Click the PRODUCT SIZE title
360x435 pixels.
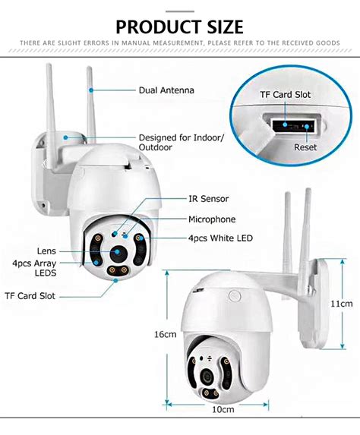tap(179, 27)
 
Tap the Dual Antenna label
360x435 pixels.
tap(166, 90)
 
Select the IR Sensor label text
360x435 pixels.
tap(208, 199)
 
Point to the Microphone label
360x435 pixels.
tap(212, 219)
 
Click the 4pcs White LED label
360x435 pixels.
tap(220, 238)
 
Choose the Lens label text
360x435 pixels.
tap(46, 251)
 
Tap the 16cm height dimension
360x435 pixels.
tap(166, 334)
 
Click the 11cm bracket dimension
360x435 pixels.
tap(342, 304)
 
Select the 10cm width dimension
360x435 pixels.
tap(223, 409)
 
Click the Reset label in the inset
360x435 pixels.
tap(305, 147)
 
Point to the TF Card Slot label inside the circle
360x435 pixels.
tap(285, 95)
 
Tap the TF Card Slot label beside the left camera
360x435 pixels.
tap(30, 296)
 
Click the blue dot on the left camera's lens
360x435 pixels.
tap(117, 251)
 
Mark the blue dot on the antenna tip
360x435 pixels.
tap(91, 90)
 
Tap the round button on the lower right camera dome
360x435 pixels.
tap(235, 295)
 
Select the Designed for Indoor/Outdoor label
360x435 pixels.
tap(182, 142)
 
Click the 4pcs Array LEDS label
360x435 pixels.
tap(34, 268)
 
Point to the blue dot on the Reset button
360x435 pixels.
tap(306, 127)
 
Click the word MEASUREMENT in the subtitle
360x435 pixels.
tap(178, 43)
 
